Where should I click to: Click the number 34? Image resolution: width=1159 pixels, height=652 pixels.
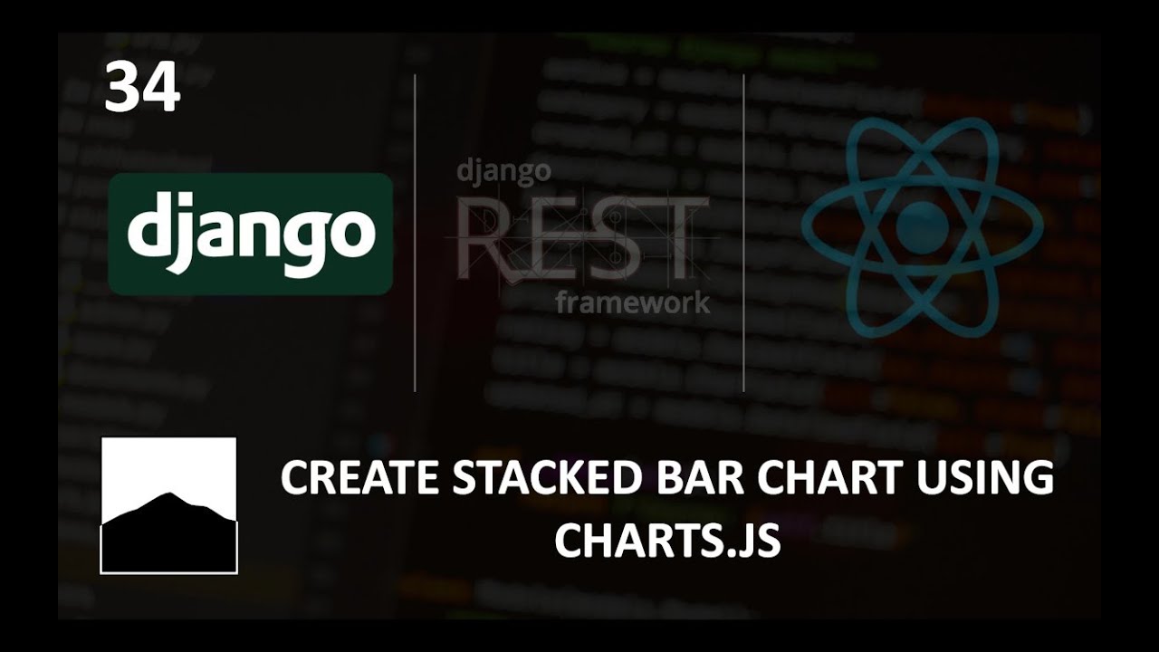point(142,89)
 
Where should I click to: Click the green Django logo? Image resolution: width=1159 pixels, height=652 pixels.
point(251,234)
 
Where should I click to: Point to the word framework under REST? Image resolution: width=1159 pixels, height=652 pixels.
point(633,302)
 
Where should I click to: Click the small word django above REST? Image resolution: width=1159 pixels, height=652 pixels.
point(503,172)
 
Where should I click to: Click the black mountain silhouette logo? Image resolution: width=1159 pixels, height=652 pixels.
point(168,534)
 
